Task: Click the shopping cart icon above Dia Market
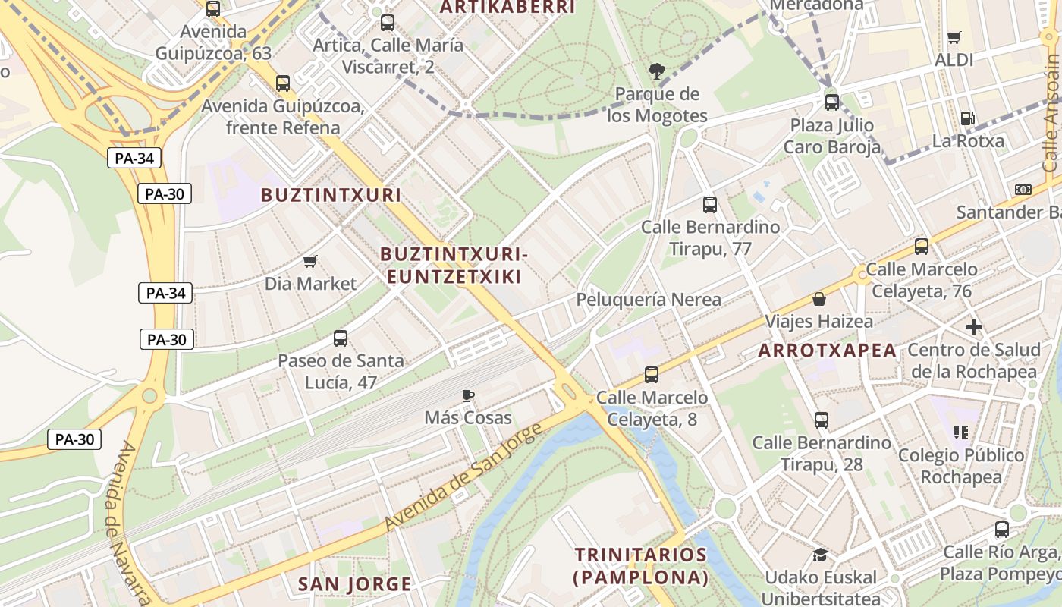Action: [x=309, y=262]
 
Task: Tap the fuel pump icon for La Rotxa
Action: [x=967, y=118]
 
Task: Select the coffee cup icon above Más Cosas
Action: [x=468, y=395]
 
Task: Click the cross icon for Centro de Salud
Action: [x=975, y=328]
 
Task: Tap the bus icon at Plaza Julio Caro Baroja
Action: [x=832, y=102]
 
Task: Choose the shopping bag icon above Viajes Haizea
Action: [x=818, y=300]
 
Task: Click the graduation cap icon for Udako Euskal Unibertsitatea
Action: [x=820, y=555]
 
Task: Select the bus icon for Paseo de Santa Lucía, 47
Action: [x=341, y=338]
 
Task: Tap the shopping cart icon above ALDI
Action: [x=954, y=38]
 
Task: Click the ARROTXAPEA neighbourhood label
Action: [x=828, y=351]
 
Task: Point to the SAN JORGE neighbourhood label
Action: [x=354, y=584]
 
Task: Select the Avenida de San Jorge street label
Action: [x=463, y=478]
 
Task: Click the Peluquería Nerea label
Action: [x=649, y=300]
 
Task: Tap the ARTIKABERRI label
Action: [x=507, y=8]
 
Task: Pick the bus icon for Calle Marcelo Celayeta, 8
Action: [x=652, y=374]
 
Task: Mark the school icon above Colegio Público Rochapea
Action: [x=961, y=432]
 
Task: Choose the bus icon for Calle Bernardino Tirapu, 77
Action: [x=710, y=204]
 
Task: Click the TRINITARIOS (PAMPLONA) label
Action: [x=641, y=566]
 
